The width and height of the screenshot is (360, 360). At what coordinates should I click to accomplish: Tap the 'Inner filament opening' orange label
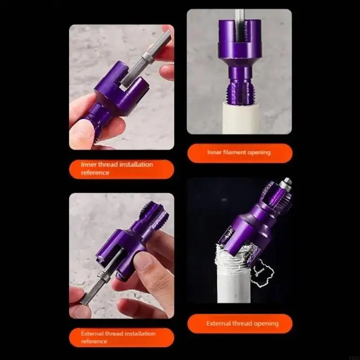[239, 153]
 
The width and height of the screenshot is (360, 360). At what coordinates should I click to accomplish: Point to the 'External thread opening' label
[242, 323]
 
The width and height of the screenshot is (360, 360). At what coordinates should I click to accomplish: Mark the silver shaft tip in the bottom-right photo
[286, 182]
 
